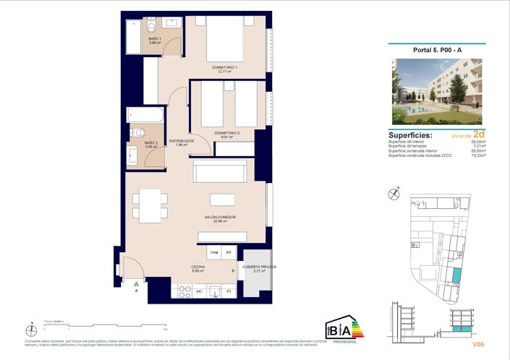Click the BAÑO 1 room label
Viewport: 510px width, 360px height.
click(x=155, y=40)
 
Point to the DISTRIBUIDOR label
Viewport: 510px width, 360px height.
click(x=181, y=142)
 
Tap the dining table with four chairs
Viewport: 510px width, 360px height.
click(x=150, y=205)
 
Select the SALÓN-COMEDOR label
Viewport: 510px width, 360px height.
click(x=220, y=218)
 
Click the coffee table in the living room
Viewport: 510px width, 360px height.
click(x=223, y=200)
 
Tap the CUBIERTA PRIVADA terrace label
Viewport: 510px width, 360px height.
click(x=258, y=267)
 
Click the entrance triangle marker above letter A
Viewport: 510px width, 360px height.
click(x=135, y=284)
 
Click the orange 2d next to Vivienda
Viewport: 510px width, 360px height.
click(x=478, y=134)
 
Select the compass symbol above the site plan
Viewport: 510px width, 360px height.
click(x=394, y=193)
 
